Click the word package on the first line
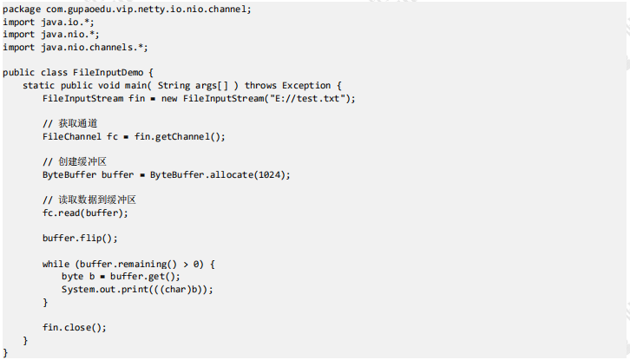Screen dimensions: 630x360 tap(22, 10)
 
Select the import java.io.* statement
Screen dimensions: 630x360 tap(49, 22)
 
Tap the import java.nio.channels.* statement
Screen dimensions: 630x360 tap(75, 48)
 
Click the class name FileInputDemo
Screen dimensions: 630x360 tap(108, 72)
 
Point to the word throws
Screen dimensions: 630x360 tap(260, 85)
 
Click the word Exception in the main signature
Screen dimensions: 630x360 tap(306, 85)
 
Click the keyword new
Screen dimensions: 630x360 tap(169, 98)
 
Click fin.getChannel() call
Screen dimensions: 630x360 tap(180, 136)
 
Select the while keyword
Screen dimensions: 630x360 tap(56, 264)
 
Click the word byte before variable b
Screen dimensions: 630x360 tap(72, 277)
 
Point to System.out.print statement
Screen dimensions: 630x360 tap(137, 289)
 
